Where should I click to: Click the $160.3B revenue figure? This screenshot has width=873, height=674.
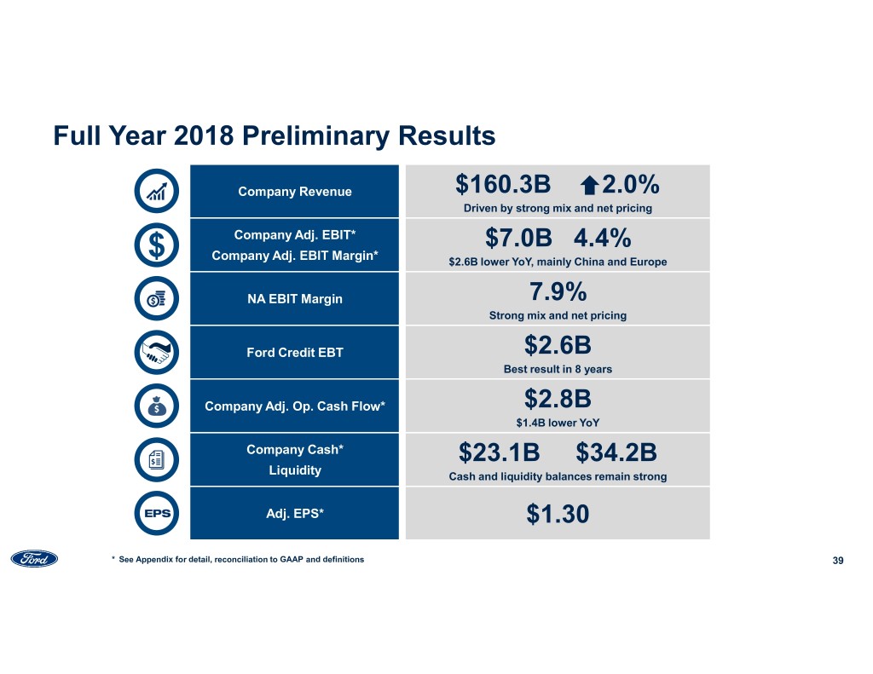502,185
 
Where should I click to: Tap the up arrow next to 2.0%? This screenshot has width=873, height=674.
588,186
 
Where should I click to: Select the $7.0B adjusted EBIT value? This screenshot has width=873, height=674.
515,239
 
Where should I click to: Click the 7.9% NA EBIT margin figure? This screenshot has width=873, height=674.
558,292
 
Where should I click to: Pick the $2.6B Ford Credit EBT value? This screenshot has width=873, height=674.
558,346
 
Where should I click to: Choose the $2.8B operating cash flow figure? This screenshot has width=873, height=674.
558,400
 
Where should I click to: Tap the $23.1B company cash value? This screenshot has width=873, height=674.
499,452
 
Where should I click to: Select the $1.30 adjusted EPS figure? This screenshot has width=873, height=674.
558,515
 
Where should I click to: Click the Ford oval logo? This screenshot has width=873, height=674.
34,559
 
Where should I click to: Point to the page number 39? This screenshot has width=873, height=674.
837,560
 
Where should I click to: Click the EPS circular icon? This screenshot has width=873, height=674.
157,514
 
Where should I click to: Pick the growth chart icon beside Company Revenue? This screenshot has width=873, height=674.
157,191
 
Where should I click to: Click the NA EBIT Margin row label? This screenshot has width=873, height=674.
294,298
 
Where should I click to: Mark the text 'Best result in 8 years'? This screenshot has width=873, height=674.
558,369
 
